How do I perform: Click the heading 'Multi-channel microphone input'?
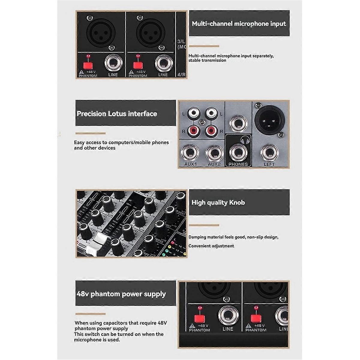(239, 24)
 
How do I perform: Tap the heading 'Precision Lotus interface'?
(117, 114)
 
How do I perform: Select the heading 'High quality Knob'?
(218, 202)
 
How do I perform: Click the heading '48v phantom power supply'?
(121, 294)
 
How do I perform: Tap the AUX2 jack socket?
(214, 153)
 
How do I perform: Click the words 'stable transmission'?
(207, 60)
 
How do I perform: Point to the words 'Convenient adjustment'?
(211, 246)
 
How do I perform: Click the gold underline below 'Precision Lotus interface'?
(90, 133)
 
